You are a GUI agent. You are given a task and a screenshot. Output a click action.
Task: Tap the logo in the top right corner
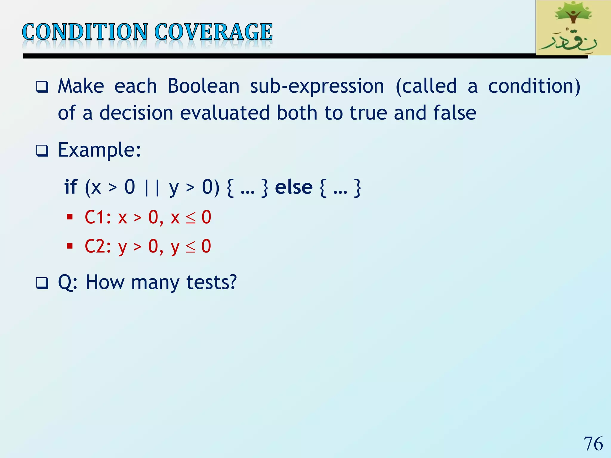coord(573,28)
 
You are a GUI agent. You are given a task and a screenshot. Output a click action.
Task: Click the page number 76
coord(593,444)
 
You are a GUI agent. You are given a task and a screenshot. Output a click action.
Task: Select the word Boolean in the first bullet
coord(203,86)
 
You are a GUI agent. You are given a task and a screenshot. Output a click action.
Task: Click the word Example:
coord(99,150)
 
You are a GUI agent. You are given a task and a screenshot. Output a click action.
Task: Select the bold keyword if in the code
coord(71,187)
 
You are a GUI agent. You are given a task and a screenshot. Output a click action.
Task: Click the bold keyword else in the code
coord(294,187)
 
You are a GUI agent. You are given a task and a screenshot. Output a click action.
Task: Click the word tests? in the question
coord(211,282)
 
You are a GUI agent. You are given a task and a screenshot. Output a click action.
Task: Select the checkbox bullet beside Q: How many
coord(42,283)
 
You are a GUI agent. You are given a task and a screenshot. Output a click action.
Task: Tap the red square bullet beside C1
coord(70,217)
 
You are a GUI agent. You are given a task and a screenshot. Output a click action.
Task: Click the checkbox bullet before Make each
coord(42,87)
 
